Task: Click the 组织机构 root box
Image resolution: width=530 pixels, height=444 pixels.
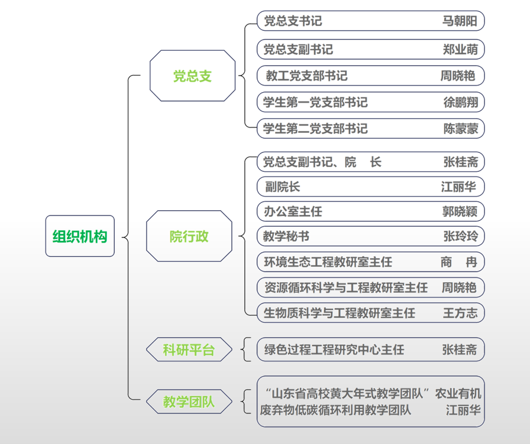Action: pyautogui.click(x=80, y=236)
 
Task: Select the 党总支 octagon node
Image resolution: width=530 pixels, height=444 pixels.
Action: pyautogui.click(x=192, y=76)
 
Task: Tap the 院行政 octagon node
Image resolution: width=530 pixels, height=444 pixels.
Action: pyautogui.click(x=189, y=237)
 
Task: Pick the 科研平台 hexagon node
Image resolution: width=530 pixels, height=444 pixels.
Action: pyautogui.click(x=189, y=350)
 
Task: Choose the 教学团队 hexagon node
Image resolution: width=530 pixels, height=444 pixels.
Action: pyautogui.click(x=189, y=403)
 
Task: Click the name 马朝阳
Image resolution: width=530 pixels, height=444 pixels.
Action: pyautogui.click(x=460, y=21)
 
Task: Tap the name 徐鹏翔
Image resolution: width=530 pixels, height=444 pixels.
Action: pyautogui.click(x=460, y=102)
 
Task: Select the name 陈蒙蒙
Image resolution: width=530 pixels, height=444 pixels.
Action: pyautogui.click(x=460, y=128)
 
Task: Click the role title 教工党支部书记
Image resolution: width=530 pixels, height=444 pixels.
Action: pyautogui.click(x=306, y=76)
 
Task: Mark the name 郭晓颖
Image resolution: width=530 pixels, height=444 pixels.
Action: pyautogui.click(x=460, y=211)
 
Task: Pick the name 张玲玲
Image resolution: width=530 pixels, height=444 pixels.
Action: pyautogui.click(x=460, y=237)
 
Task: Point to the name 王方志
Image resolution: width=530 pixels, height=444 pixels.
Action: pyautogui.click(x=460, y=313)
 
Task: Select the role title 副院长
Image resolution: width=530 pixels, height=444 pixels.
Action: pyautogui.click(x=283, y=187)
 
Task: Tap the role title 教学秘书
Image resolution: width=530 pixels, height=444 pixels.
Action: pyautogui.click(x=286, y=237)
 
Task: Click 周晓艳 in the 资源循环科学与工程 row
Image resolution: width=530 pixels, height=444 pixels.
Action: pyautogui.click(x=459, y=288)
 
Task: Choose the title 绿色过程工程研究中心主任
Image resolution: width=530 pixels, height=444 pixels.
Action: pyautogui.click(x=334, y=350)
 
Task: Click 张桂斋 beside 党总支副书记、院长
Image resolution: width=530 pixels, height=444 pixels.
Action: pyautogui.click(x=460, y=162)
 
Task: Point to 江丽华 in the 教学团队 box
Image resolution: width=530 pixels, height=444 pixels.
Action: pyautogui.click(x=463, y=410)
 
